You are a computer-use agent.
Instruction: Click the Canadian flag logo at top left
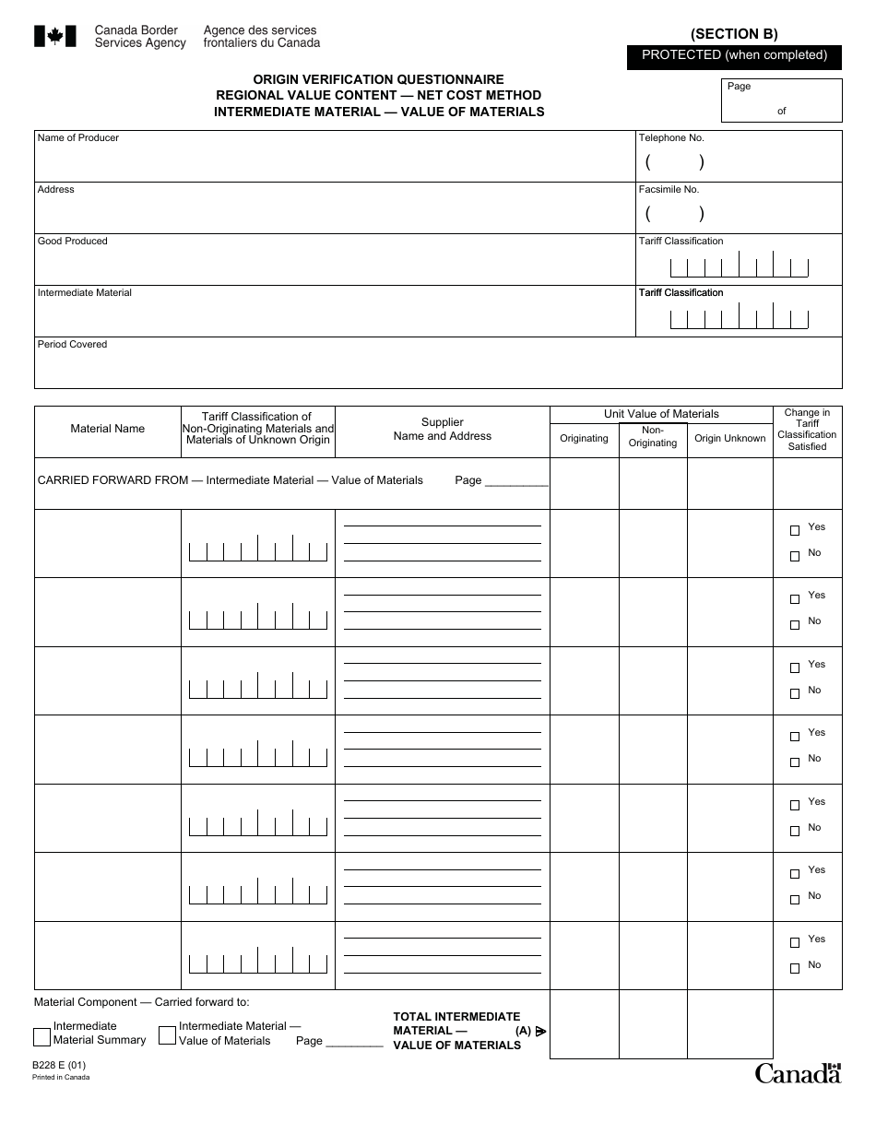tap(54, 36)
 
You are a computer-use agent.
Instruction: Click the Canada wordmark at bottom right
tap(798, 1073)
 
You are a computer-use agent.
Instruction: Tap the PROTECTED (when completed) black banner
tap(734, 55)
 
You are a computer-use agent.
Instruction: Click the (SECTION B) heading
tap(734, 34)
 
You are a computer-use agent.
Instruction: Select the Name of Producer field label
tap(78, 138)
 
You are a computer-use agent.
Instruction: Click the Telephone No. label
tap(671, 138)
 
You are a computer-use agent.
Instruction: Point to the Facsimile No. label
tap(669, 190)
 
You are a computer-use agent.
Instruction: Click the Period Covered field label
tap(72, 345)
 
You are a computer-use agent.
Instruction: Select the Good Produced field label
tap(72, 242)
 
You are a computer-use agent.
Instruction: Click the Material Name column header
tap(108, 429)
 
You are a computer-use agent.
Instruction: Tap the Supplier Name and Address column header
tap(443, 430)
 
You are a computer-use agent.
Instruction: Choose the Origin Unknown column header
tap(730, 439)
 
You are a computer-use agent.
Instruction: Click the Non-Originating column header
tap(653, 436)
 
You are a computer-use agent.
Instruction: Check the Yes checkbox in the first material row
tap(795, 531)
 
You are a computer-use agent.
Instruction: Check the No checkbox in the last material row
tap(795, 969)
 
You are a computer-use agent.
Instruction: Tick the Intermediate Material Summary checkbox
tap(41, 1036)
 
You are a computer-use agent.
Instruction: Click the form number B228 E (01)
tap(58, 1065)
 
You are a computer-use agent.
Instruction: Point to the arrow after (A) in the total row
tap(541, 1032)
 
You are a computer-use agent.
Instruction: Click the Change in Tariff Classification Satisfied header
tap(807, 430)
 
